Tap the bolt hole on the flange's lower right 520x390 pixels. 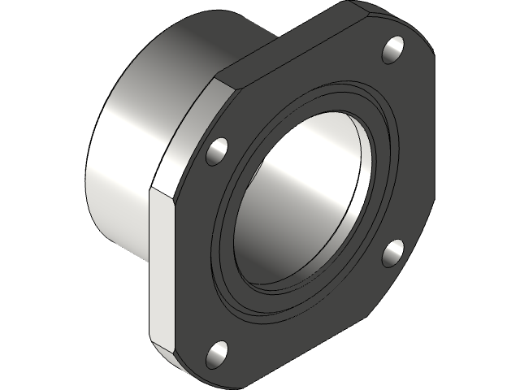click(x=393, y=252)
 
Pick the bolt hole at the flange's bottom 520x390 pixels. click(x=218, y=352)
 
